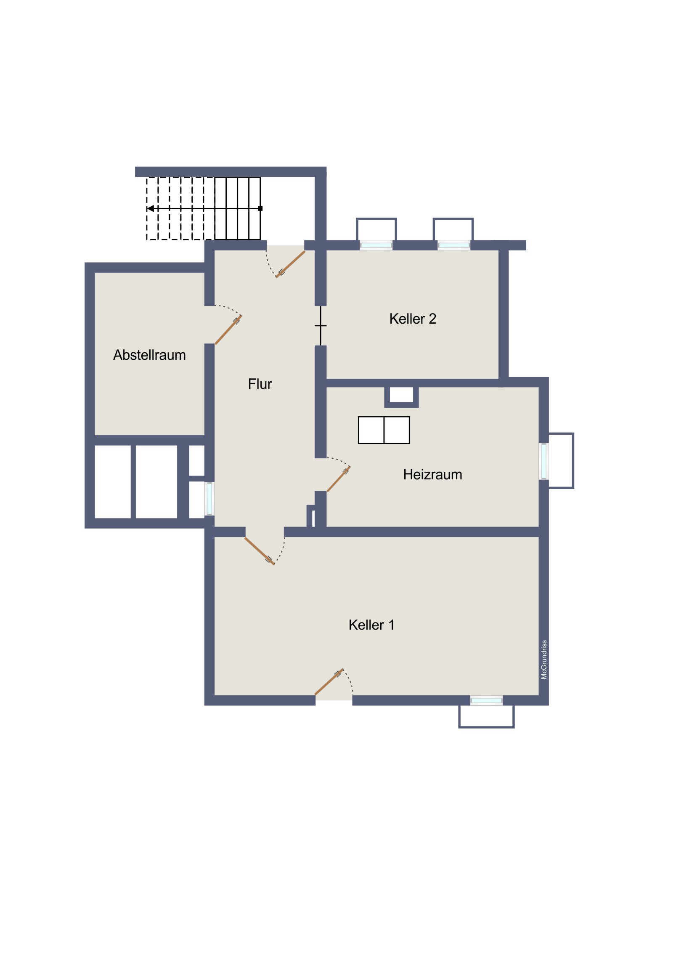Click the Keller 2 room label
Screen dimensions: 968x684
[x=413, y=319]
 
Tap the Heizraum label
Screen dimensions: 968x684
[x=432, y=475]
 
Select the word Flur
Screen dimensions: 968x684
[x=260, y=384]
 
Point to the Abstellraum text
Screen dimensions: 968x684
[x=149, y=355]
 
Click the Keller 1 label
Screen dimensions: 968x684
[x=371, y=625]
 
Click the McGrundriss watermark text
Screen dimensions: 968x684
[x=543, y=660]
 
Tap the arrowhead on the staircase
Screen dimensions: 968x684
[x=150, y=208]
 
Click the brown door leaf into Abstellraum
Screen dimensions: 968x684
[x=228, y=330]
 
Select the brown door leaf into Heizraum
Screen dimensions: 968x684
[x=338, y=479]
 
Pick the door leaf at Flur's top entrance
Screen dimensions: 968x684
[x=290, y=264]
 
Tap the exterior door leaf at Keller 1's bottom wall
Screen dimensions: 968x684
[x=329, y=682]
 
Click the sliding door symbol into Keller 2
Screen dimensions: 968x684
[x=321, y=325]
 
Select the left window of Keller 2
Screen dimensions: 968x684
[x=376, y=245]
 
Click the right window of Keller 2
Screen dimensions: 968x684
[x=453, y=245]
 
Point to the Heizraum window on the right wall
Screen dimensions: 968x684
[x=543, y=461]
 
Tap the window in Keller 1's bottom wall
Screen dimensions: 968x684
[x=486, y=701]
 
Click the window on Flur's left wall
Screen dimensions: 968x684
[x=209, y=499]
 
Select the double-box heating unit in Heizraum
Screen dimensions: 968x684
[x=384, y=430]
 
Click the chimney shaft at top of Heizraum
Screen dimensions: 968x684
[x=401, y=395]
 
